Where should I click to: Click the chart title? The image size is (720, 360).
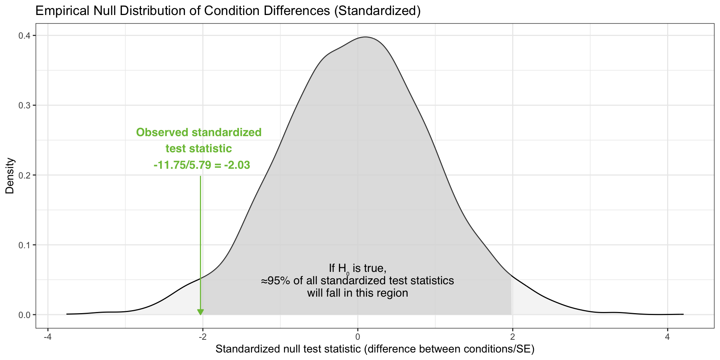(x=228, y=11)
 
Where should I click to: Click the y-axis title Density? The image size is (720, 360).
(x=10, y=175)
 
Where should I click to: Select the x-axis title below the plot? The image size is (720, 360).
(x=375, y=349)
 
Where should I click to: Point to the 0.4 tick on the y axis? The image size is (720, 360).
(x=25, y=36)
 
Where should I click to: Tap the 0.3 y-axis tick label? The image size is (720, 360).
(x=25, y=105)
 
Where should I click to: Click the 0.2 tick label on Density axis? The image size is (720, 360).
(x=25, y=175)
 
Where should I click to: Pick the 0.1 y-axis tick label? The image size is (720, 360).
(x=25, y=245)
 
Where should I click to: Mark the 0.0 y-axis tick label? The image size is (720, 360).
(x=25, y=315)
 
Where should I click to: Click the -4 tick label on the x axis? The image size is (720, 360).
(x=47, y=337)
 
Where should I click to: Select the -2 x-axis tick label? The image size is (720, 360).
(x=202, y=337)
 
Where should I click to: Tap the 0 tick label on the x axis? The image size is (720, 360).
(x=358, y=337)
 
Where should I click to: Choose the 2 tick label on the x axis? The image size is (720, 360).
(x=513, y=337)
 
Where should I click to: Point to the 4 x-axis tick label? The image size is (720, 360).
(x=667, y=337)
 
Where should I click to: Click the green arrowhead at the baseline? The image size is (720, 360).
(x=201, y=312)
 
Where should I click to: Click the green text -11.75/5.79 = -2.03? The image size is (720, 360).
(x=202, y=165)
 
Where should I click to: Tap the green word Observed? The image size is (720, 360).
(x=162, y=132)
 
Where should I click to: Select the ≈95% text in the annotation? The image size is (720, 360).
(x=276, y=280)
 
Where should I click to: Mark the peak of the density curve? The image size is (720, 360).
(x=366, y=37)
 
